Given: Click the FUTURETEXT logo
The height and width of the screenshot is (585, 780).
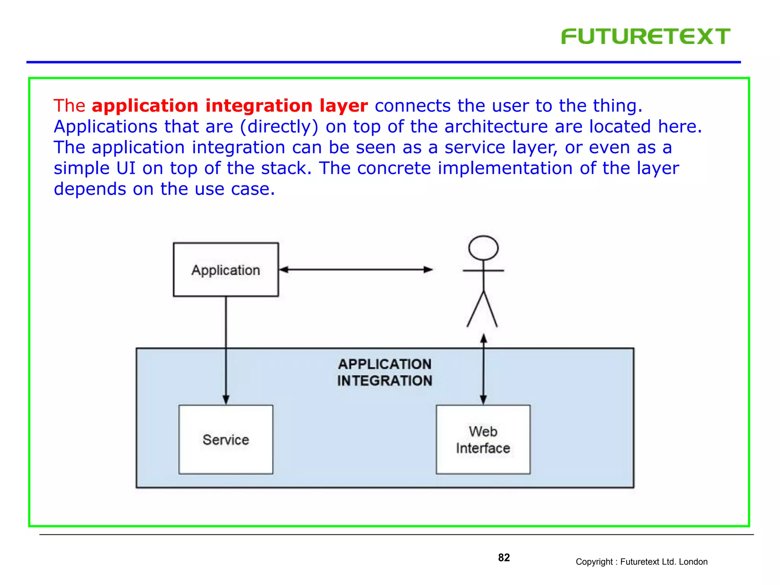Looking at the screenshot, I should [x=646, y=37].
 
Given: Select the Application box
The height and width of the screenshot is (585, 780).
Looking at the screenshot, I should [x=226, y=270].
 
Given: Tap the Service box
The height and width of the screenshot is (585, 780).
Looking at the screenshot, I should [x=226, y=440].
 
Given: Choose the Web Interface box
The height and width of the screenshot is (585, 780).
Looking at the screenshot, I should [x=483, y=440].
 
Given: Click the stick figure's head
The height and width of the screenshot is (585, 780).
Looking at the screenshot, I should [x=483, y=248].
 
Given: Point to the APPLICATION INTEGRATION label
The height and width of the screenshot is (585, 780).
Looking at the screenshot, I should [x=385, y=372].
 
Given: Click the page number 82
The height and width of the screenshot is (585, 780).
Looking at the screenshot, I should [x=503, y=558].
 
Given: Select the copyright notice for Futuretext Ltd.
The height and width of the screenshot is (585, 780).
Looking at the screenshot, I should [x=641, y=562].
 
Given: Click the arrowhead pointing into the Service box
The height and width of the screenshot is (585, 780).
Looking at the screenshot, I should [x=226, y=400].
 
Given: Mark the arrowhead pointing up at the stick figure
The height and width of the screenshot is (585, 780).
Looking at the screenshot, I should [x=483, y=339].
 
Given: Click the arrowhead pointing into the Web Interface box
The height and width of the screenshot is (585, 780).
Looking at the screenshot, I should [x=483, y=400].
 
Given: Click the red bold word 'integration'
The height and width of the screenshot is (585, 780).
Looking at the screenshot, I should [x=259, y=106].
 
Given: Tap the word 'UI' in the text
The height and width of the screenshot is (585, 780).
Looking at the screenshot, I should [x=126, y=168].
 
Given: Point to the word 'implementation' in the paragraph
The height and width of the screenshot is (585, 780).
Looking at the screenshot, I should [x=505, y=168].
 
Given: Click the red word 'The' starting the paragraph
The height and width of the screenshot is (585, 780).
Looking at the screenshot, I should [x=69, y=106].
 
